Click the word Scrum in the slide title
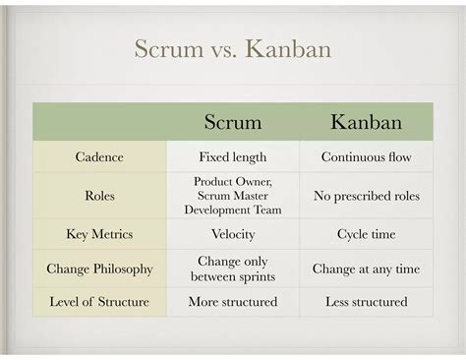point(165,48)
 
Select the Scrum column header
point(232,123)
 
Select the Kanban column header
point(366,123)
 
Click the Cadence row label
point(99,156)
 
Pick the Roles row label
point(99,196)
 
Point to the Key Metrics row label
point(99,234)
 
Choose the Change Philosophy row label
point(99,269)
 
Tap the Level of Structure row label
point(99,301)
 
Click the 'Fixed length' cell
point(232,156)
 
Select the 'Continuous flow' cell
point(366,156)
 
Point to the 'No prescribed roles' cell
point(366,196)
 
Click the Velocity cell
point(232,234)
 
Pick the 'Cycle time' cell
point(366,234)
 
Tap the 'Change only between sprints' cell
point(232,269)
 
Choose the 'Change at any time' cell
point(366,269)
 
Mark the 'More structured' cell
point(232,301)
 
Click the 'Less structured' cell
point(366,301)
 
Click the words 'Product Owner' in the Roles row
point(232,182)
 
